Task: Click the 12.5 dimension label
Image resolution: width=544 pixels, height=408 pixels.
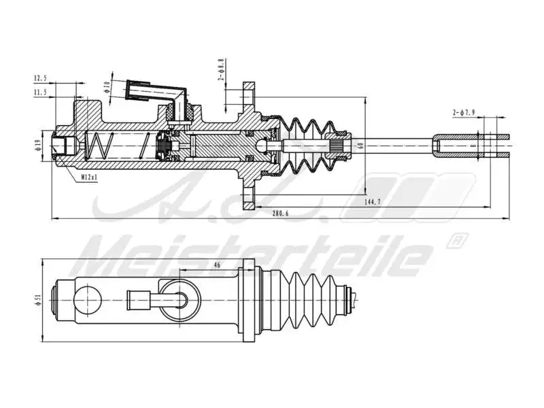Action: click(40, 78)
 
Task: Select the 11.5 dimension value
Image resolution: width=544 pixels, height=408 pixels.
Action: click(40, 92)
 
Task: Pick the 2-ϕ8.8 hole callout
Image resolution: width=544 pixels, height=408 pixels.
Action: click(221, 69)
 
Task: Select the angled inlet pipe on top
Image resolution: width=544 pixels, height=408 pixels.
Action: click(156, 92)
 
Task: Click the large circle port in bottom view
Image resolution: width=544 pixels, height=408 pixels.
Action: click(88, 299)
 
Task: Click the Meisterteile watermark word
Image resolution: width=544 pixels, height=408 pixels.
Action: click(258, 257)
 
